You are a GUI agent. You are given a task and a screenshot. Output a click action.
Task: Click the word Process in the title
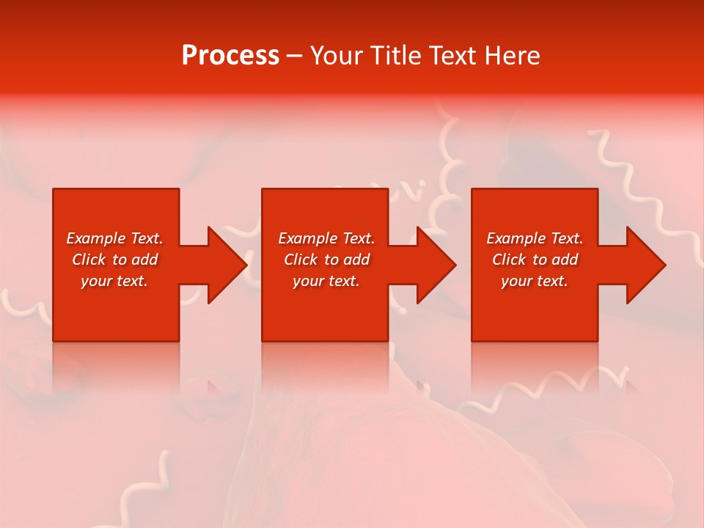pyautogui.click(x=230, y=56)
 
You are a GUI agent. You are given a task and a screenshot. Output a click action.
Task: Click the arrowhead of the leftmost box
pyautogui.click(x=226, y=265)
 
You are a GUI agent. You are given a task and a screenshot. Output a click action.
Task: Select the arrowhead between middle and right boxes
pyautogui.click(x=435, y=265)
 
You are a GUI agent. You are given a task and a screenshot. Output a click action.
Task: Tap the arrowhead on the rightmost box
pyautogui.click(x=645, y=265)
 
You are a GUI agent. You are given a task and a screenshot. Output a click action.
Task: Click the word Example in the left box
pyautogui.click(x=96, y=238)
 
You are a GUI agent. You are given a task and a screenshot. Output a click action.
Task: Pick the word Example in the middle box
pyautogui.click(x=308, y=238)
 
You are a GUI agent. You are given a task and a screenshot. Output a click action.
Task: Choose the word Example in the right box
pyautogui.click(x=516, y=238)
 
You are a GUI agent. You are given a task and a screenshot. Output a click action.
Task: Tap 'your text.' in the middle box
pyautogui.click(x=326, y=281)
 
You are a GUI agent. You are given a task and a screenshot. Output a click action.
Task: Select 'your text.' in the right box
pyautogui.click(x=535, y=281)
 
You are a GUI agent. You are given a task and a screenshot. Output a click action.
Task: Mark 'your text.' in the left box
pyautogui.click(x=114, y=281)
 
